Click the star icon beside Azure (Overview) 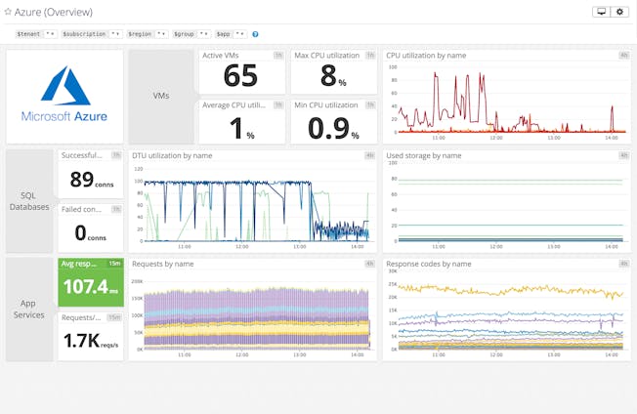point(8,12)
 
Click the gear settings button point(620,12)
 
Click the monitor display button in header point(600,12)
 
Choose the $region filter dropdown point(147,33)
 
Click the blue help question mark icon point(256,33)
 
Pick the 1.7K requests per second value point(90,341)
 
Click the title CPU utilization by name point(426,56)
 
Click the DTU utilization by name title point(172,155)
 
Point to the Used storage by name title point(423,155)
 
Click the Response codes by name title point(429,264)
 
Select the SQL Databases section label point(29,201)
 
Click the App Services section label point(29,309)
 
